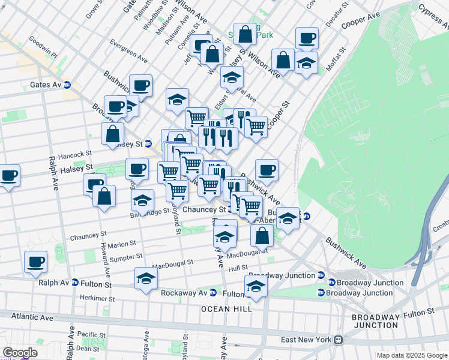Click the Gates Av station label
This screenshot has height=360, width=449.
point(46,85)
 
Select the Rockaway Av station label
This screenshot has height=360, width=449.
point(184,293)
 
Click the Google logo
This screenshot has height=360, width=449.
point(20,353)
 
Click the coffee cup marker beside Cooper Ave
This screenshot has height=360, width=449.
point(307,38)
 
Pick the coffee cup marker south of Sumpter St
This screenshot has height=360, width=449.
point(35,262)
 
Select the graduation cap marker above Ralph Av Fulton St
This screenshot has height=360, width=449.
point(146,278)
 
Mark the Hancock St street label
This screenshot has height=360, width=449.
point(71,155)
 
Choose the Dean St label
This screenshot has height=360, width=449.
point(88,349)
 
